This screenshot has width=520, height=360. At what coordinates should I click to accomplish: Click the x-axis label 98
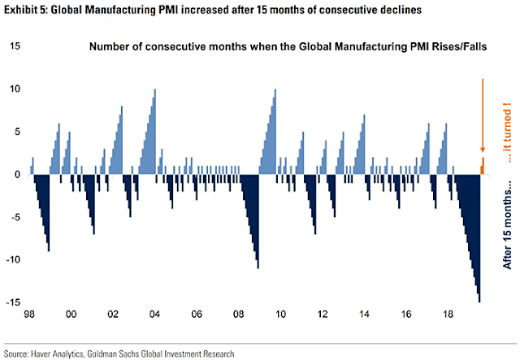[x=30, y=314]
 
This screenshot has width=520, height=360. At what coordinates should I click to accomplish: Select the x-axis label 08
[x=238, y=314]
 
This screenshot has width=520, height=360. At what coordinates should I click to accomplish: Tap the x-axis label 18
[x=446, y=314]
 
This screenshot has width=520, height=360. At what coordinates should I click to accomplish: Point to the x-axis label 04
[x=154, y=314]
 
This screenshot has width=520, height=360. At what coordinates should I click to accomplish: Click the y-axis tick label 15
[x=15, y=46]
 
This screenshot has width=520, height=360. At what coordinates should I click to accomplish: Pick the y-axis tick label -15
[x=13, y=302]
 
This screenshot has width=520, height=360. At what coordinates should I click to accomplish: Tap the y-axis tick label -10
[x=13, y=260]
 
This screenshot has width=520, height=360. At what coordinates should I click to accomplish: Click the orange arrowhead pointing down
[x=483, y=149]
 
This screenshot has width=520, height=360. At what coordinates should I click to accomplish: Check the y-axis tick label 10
[x=15, y=89]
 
